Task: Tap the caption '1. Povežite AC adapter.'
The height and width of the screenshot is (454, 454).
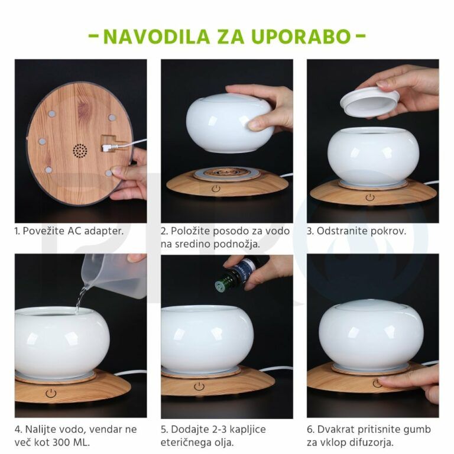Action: click(x=69, y=231)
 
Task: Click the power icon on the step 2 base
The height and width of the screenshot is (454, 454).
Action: click(x=216, y=189)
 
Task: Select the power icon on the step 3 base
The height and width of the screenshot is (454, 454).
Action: click(x=370, y=197)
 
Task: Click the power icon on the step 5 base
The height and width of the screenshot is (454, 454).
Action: click(x=200, y=386)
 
